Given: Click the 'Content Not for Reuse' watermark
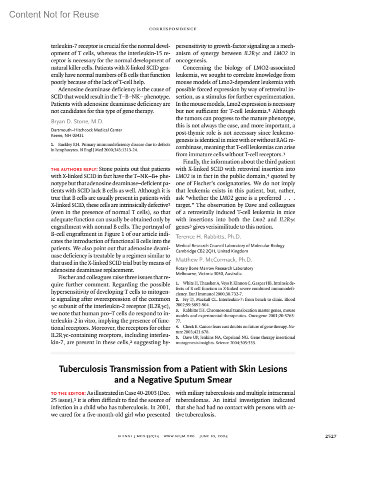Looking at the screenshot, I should [x=54, y=14].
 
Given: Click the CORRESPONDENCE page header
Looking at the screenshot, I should [x=173, y=29].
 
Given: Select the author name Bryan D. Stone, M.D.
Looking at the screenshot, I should [x=77, y=121].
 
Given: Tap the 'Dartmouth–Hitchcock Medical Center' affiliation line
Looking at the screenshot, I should [x=86, y=130].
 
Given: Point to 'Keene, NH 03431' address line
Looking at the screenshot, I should [x=67, y=135].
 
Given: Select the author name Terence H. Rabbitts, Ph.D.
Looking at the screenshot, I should [x=208, y=237].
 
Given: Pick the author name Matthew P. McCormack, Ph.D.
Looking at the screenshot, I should [x=214, y=260].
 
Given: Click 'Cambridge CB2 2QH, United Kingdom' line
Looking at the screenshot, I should [x=212, y=251].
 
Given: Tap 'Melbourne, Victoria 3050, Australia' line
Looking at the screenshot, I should [x=208, y=274].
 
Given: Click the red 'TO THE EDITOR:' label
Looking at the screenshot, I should [x=68, y=393].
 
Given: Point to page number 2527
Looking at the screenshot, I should [x=331, y=436].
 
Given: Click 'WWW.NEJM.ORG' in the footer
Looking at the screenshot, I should [x=179, y=436].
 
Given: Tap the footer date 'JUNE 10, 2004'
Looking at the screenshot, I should [x=213, y=436].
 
